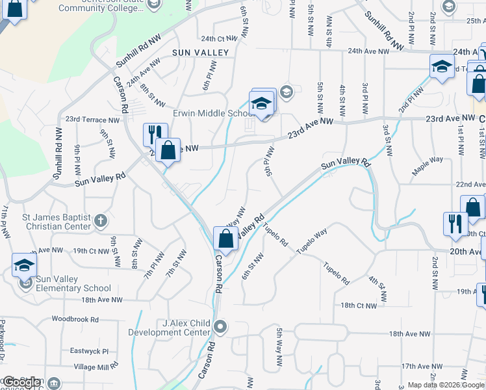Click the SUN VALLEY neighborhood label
200,52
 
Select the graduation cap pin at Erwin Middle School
261,104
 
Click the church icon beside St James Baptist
100,220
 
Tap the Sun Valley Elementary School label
73,283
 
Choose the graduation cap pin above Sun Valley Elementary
24,265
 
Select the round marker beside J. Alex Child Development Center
221,326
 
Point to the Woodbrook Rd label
75,320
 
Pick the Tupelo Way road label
312,241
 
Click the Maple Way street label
427,165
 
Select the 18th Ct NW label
359,305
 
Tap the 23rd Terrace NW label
92,120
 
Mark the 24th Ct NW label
216,39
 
